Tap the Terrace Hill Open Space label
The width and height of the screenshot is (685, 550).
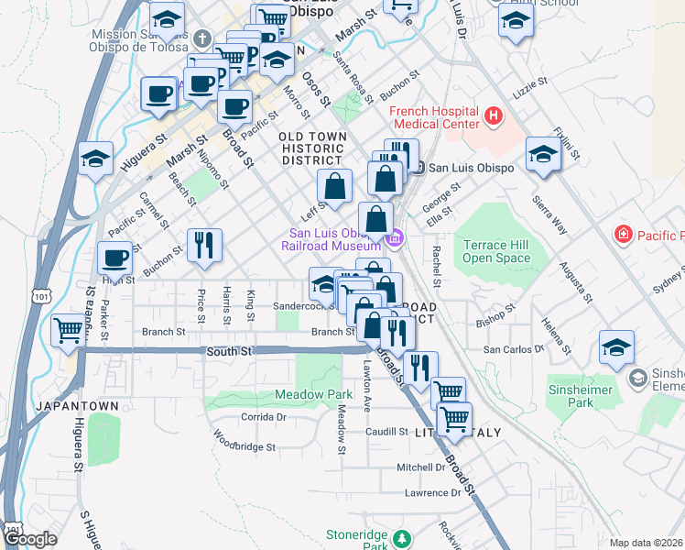pyautogui.click(x=496, y=251)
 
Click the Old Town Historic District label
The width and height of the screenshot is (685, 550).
pyautogui.click(x=313, y=148)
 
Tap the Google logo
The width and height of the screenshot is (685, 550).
pyautogui.click(x=30, y=538)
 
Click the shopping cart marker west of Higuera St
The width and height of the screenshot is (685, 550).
pyautogui.click(x=69, y=331)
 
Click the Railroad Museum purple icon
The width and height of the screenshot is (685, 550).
pyautogui.click(x=395, y=239)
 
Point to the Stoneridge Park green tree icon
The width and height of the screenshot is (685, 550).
pyautogui.click(x=400, y=538)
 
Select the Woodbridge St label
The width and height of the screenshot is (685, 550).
pyautogui.click(x=245, y=446)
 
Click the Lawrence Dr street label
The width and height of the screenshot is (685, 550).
pyautogui.click(x=432, y=493)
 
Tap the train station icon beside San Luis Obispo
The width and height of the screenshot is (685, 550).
pyautogui.click(x=418, y=168)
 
